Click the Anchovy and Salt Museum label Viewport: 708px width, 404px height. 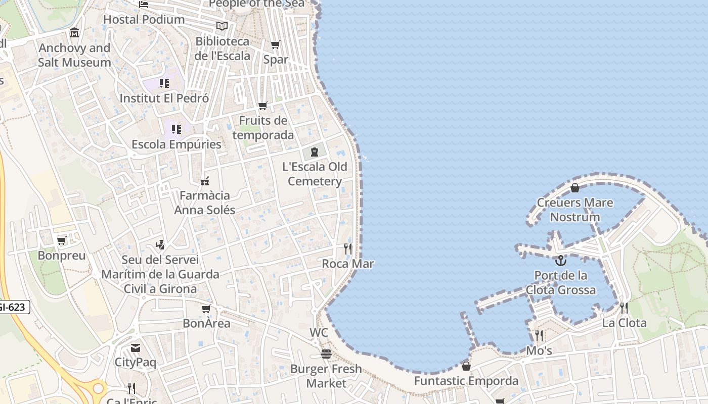(x=74, y=55)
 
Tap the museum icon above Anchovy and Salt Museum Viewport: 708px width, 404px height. (x=74, y=33)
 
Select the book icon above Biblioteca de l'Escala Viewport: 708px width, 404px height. (x=222, y=26)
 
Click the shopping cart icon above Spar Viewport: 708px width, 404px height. (x=276, y=45)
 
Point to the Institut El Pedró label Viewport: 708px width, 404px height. (x=164, y=98)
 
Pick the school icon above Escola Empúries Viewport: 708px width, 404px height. (x=176, y=129)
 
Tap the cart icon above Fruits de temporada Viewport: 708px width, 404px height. (x=262, y=106)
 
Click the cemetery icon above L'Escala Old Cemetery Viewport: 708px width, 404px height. (x=315, y=151)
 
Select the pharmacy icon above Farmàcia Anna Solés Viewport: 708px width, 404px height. (x=205, y=181)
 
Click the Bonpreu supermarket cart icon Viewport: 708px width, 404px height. (x=62, y=240)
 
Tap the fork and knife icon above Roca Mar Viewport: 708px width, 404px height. (x=347, y=248)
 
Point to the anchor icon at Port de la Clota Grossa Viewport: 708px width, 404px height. (x=560, y=261)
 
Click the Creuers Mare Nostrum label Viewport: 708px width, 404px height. (x=575, y=210)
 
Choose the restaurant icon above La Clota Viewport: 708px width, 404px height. (x=624, y=308)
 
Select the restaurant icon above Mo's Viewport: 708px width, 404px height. (x=539, y=335)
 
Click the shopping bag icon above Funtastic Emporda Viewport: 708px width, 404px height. (x=466, y=366)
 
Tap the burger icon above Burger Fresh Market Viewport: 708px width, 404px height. (x=326, y=353)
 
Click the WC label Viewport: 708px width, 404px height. (x=319, y=333)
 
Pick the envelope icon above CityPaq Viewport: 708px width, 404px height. (x=135, y=347)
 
